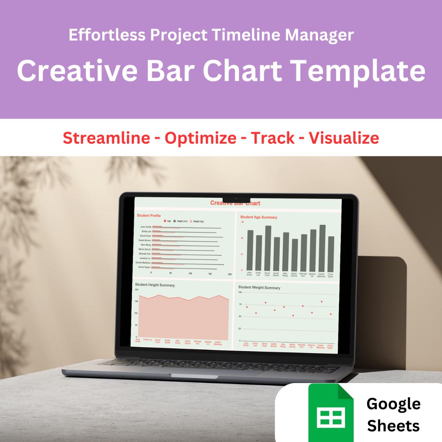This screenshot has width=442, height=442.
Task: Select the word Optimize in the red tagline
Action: click(x=200, y=138)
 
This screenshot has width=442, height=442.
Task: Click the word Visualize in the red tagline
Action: click(x=344, y=138)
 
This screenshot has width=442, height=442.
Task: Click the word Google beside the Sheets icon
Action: click(x=393, y=404)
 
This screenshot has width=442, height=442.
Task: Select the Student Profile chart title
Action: click(x=149, y=215)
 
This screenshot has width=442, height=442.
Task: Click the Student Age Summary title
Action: click(x=259, y=217)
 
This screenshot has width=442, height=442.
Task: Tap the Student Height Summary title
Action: click(x=155, y=285)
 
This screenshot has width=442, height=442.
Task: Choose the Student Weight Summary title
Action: click(x=259, y=288)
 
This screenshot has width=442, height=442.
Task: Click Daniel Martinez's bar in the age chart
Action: click(x=322, y=248)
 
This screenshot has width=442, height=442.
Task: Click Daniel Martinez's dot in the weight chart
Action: click(x=322, y=302)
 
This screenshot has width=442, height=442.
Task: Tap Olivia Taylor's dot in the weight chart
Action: click(x=331, y=314)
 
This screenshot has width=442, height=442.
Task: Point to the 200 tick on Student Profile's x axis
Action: click(x=230, y=273)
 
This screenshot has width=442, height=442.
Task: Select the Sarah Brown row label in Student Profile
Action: click(x=145, y=240)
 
